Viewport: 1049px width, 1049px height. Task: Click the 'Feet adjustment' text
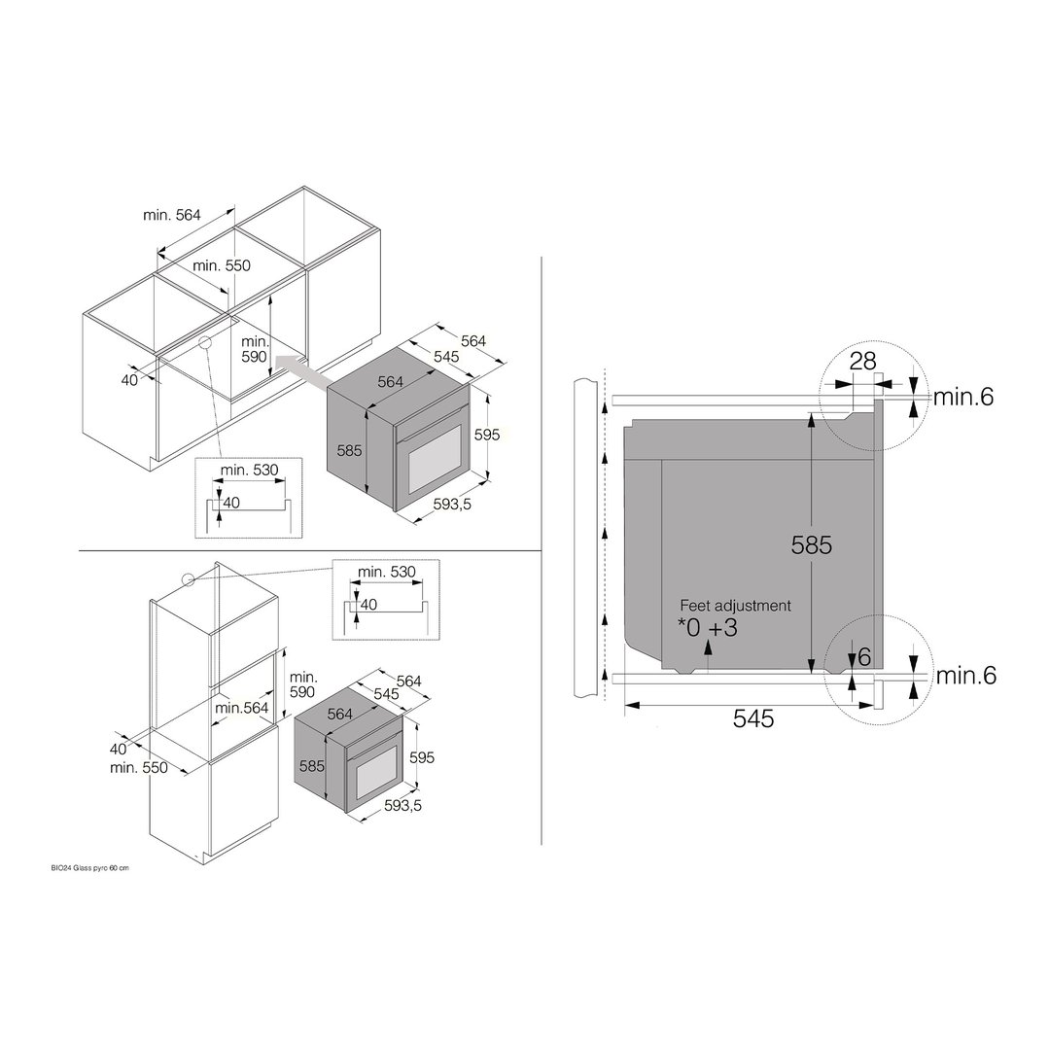click(x=735, y=606)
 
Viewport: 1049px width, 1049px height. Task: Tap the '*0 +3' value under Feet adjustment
click(x=707, y=628)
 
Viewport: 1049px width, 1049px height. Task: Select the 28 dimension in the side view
click(x=862, y=362)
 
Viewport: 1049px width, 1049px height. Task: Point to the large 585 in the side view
click(x=812, y=544)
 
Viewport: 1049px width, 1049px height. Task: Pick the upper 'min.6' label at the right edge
click(x=963, y=397)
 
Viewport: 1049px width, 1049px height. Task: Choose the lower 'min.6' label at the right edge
click(x=966, y=675)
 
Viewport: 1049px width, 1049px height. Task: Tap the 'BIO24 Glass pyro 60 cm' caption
click(x=89, y=868)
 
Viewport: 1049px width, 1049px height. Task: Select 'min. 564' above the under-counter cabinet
click(x=172, y=215)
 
